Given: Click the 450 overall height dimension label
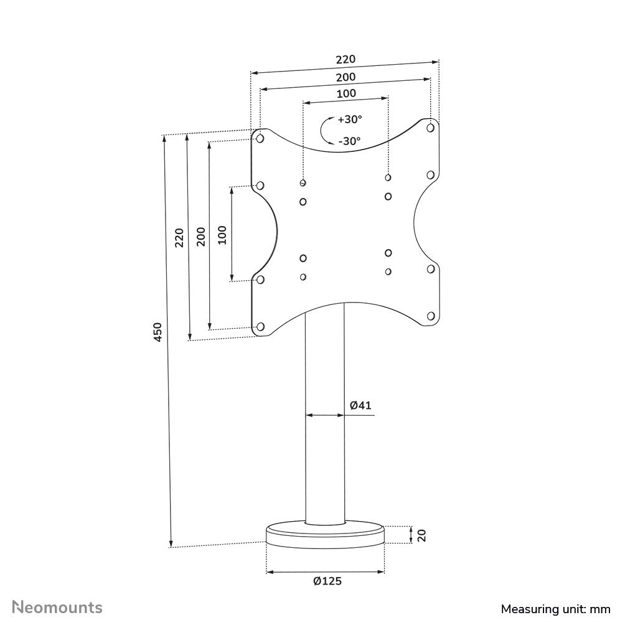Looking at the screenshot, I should click(159, 332).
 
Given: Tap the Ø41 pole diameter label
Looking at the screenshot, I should click(360, 405).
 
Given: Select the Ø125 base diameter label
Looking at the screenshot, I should click(327, 581).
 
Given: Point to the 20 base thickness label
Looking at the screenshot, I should click(421, 535).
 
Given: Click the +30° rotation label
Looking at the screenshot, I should click(349, 120).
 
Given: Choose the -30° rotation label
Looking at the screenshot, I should click(349, 141).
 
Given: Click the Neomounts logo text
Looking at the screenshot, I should click(58, 607).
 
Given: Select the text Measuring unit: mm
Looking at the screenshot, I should click(555, 608).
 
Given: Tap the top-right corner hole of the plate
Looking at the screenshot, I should click(430, 128).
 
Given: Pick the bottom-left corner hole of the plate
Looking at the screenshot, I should click(260, 326).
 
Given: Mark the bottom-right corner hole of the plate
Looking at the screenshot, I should click(430, 316).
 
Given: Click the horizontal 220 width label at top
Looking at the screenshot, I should click(345, 60).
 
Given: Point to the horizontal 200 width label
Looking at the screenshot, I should click(345, 77).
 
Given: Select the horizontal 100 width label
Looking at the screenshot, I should click(346, 94).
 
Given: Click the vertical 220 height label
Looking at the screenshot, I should click(179, 237).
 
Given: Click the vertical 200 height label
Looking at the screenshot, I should click(201, 235).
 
